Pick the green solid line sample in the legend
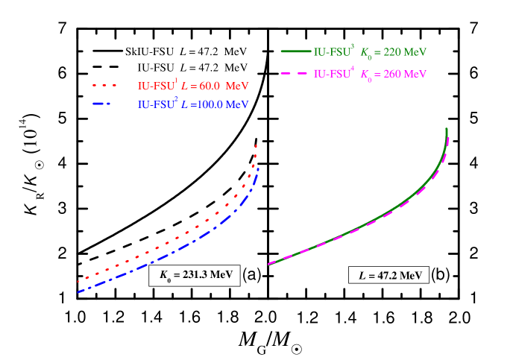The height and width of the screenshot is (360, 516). coord(295,52)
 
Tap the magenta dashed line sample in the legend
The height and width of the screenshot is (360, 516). coord(295,74)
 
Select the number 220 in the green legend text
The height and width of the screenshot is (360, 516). coord(390,53)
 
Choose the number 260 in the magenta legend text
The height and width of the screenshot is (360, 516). coord(390,75)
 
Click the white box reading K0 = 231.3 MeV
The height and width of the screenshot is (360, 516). coord(195,275)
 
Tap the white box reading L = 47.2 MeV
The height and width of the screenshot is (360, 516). coord(389,275)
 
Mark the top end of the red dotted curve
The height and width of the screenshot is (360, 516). coord(257,145)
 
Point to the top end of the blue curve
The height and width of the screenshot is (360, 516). coord(258,171)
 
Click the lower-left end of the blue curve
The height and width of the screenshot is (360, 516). coord(78,291)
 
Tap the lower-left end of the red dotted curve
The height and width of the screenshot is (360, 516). coord(78,282)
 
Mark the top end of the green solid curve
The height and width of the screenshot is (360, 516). coord(447,129)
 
